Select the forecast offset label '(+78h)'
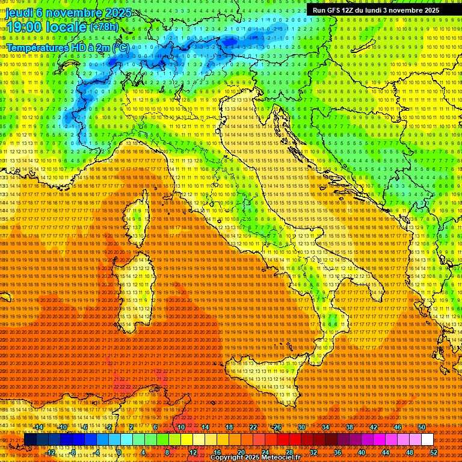tap(104, 27)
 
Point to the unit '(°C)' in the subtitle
tap(120, 47)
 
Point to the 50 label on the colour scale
tap(421, 427)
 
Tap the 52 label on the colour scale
tap(434, 452)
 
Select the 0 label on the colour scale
tap(119, 452)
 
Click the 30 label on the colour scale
tap(301, 427)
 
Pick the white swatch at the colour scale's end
tap(427, 440)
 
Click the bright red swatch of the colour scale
tap(283, 440)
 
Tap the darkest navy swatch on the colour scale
tap(30, 440)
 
